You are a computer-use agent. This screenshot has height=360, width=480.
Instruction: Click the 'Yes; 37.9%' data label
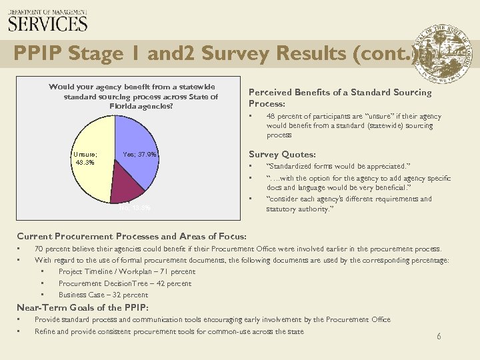pos(140,155)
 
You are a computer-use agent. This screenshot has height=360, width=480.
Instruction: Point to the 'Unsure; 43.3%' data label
pos(85,158)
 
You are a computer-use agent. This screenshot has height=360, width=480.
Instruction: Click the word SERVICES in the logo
pos(47,24)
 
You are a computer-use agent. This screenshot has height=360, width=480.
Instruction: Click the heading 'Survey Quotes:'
pos(282,155)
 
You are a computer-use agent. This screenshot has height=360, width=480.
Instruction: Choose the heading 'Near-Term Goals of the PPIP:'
pos(83,307)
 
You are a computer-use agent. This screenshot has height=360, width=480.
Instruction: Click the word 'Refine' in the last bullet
pos(45,331)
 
